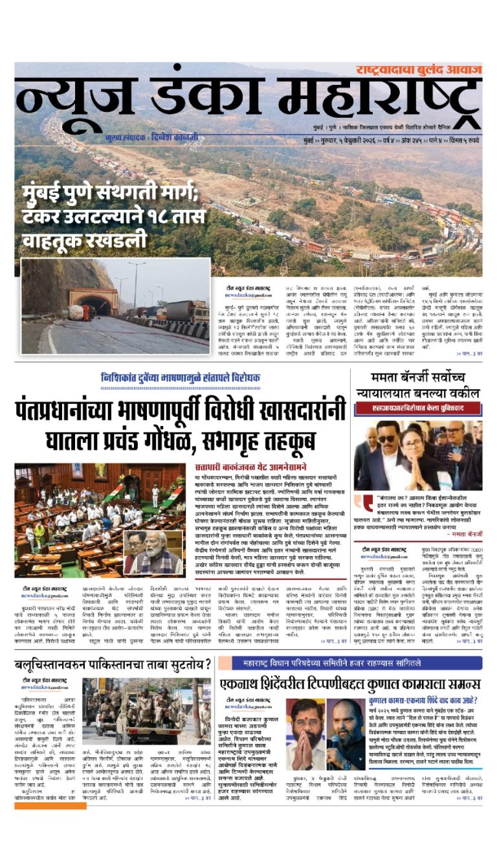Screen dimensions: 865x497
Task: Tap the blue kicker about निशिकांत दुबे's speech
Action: click(181, 377)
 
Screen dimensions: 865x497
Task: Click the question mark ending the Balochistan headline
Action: click(207, 664)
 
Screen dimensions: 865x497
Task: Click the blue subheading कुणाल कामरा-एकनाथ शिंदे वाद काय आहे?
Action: click(423, 701)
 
